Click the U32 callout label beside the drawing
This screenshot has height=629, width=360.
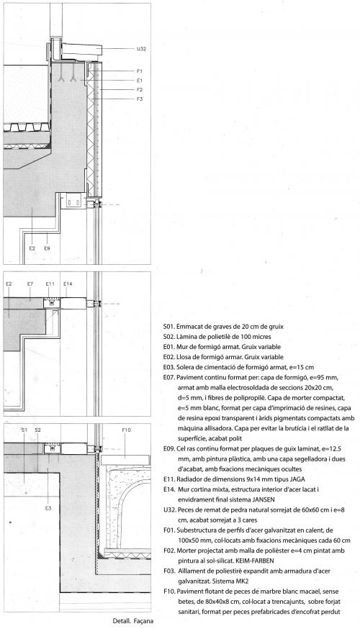click(x=141, y=49)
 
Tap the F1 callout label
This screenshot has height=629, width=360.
click(x=139, y=71)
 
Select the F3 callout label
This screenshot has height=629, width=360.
click(x=139, y=99)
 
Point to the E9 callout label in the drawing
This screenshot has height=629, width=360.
click(x=47, y=248)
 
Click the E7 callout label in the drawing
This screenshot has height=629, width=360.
click(x=30, y=284)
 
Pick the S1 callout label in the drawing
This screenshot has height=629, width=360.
click(x=24, y=430)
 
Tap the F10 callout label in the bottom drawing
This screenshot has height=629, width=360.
click(x=126, y=430)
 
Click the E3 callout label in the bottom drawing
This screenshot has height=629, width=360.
click(x=48, y=508)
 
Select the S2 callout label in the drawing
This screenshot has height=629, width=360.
click(x=37, y=430)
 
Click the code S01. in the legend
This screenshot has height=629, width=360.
click(x=169, y=327)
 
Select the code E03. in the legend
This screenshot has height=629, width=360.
click(x=169, y=367)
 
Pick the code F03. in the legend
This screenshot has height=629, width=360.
click(x=169, y=571)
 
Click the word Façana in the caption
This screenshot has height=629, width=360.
click(x=143, y=621)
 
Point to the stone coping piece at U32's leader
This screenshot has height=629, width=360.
click(x=81, y=50)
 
